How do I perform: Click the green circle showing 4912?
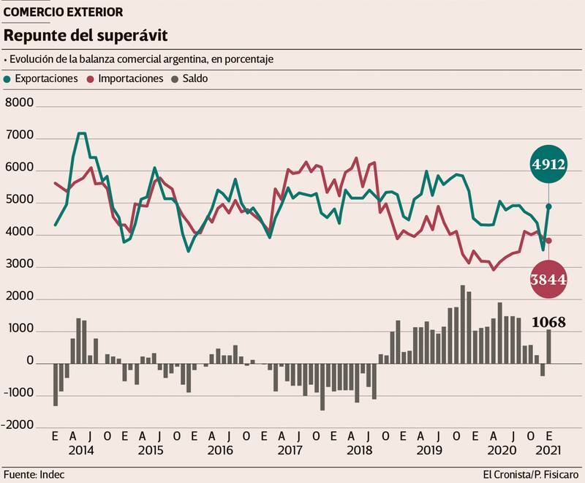point(549,165)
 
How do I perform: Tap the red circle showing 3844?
point(549,280)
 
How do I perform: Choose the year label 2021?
point(549,450)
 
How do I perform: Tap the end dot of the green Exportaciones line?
point(548,206)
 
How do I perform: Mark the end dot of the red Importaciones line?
point(548,240)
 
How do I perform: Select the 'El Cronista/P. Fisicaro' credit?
point(532,472)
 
